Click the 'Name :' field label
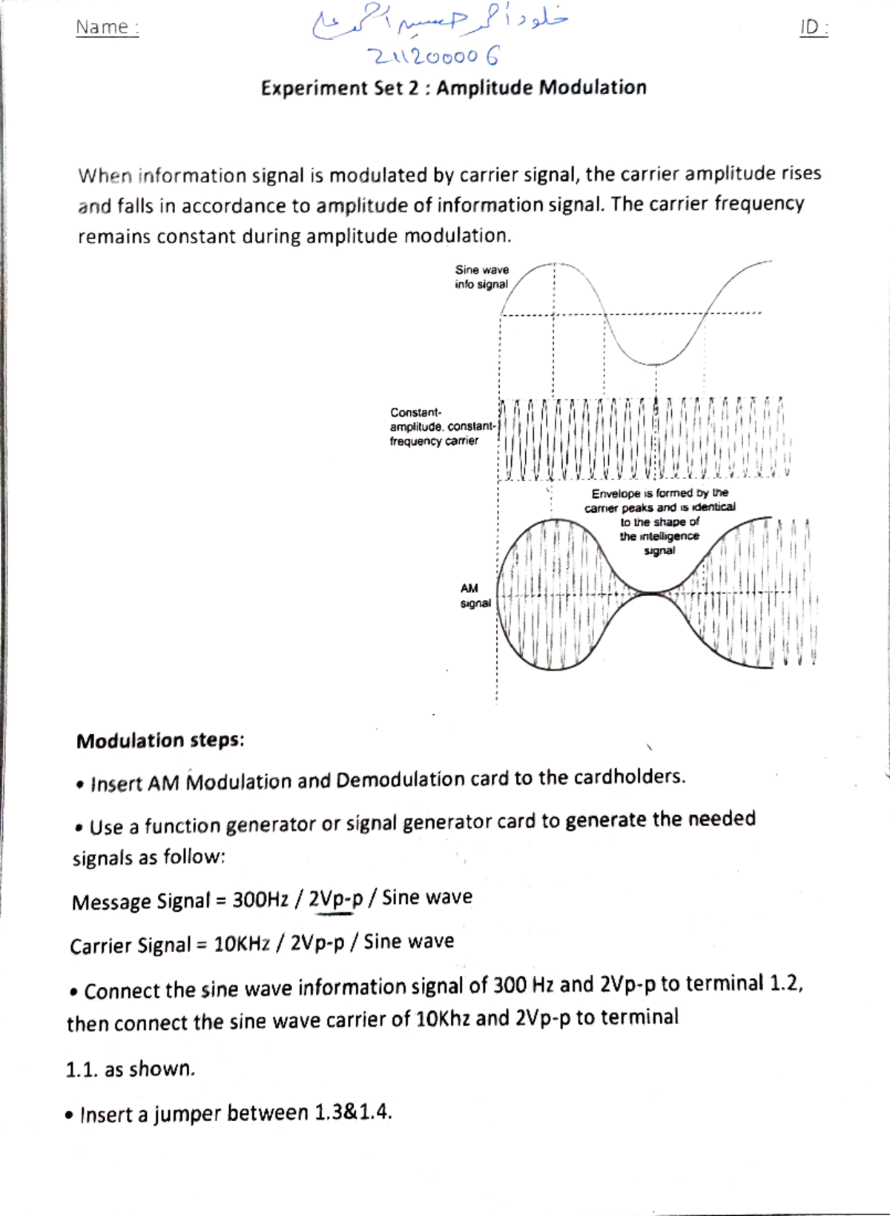107,27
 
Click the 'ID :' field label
814,28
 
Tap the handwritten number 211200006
435,56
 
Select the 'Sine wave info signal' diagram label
481,277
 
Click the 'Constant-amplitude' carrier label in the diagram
442,426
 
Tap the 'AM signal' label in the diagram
474,595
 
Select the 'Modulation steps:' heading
160,741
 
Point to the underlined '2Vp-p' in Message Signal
335,899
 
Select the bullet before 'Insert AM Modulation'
79,785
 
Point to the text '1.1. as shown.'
131,1069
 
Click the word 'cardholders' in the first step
627,776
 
